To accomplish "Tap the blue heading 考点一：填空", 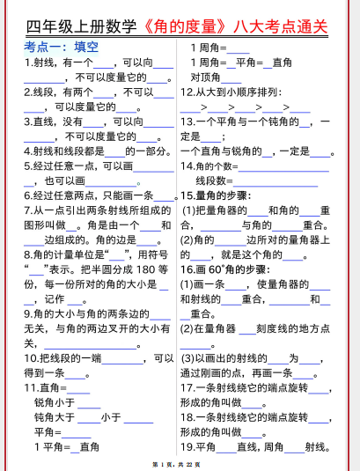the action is point(61,46).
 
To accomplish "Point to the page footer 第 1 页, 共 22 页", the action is point(180,463).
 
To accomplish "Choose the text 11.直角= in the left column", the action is point(45,387).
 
